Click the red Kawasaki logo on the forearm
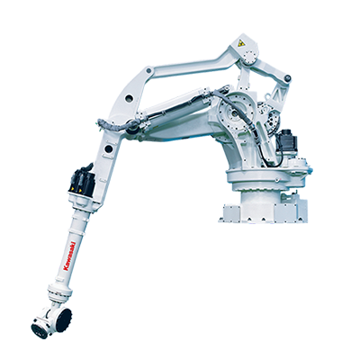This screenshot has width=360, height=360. tap(70, 256)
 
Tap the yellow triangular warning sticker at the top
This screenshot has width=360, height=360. tap(239, 43)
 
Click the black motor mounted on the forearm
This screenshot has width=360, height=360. tap(82, 181)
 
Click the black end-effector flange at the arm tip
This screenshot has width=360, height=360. tap(40, 330)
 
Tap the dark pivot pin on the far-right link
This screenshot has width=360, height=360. tap(287, 78)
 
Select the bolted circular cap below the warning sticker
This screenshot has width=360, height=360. tap(249, 57)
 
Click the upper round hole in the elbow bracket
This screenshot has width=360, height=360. tap(130, 97)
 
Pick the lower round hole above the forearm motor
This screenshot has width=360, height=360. tap(109, 148)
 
